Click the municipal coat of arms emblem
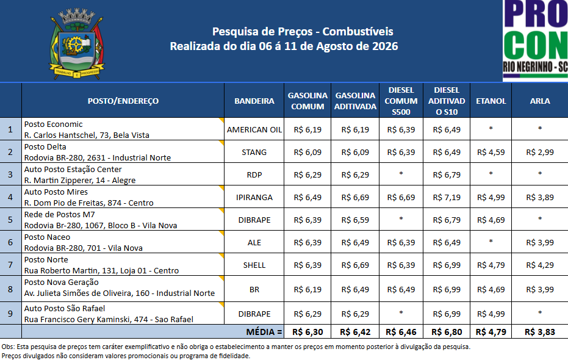[77, 44]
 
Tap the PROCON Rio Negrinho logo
[535, 40]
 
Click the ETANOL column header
[491, 101]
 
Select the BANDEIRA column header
[254, 101]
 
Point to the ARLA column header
[540, 101]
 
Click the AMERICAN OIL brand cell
[254, 129]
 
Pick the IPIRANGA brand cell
[254, 197]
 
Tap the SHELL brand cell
[254, 265]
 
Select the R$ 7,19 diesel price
[447, 197]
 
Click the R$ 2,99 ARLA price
[540, 153]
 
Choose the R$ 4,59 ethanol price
[491, 153]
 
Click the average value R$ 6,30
[307, 332]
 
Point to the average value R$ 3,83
[540, 332]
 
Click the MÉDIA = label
[264, 332]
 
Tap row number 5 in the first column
[10, 220]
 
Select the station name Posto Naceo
[47, 237]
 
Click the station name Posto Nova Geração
[61, 283]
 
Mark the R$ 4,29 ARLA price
[540, 265]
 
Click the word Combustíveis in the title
[358, 32]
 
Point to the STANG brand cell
[254, 153]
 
